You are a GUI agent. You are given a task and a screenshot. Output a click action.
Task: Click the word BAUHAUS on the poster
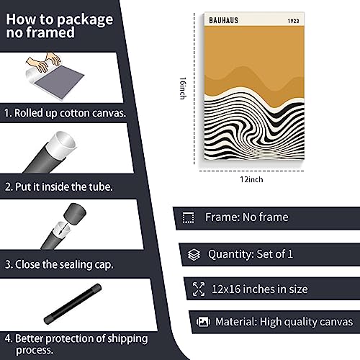[223, 20]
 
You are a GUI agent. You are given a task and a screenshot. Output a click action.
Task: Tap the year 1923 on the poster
[293, 21]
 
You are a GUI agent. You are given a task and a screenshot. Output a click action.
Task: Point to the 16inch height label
[183, 88]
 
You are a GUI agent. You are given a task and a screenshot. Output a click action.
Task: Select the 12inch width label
[251, 179]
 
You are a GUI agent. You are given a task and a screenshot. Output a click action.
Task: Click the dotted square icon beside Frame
[189, 217]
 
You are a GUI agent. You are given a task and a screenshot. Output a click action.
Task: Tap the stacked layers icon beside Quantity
[194, 255]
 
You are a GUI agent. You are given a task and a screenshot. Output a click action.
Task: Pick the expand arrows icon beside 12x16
[199, 289]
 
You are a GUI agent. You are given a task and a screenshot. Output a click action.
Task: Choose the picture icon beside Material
[203, 322]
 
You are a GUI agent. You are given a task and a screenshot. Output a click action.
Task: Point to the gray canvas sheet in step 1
[59, 80]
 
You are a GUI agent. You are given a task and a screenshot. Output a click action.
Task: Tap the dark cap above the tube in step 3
[75, 214]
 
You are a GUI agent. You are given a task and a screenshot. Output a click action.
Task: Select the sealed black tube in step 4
[73, 304]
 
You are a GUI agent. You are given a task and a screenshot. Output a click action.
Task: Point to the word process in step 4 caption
[35, 351]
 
